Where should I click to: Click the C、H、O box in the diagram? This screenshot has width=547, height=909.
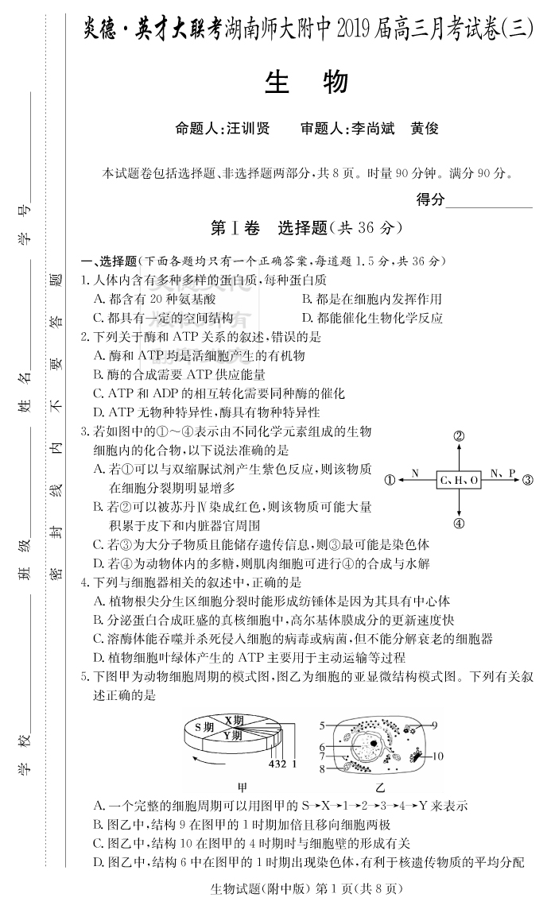[x=459, y=480]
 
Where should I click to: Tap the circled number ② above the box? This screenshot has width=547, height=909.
[x=459, y=435]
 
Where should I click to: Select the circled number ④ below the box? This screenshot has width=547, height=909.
[x=459, y=524]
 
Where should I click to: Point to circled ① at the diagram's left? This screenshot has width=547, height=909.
[x=390, y=480]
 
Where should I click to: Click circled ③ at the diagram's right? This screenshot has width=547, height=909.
[x=528, y=480]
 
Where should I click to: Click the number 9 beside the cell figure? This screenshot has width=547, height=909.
[x=435, y=703]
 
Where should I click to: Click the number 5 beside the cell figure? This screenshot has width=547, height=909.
[x=322, y=703]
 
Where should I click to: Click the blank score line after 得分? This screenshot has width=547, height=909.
[x=488, y=203]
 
